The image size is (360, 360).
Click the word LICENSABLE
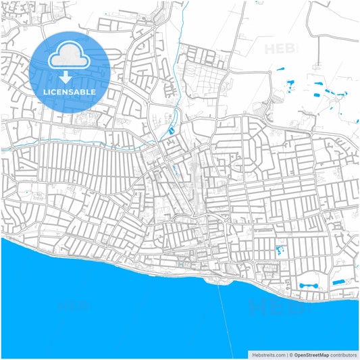point(70,91)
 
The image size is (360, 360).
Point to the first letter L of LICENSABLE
point(45,91)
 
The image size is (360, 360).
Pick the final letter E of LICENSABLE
point(93,91)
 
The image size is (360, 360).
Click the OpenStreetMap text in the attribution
point(311,354)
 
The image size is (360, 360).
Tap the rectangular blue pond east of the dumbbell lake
point(340,281)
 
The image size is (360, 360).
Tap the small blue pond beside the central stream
point(172,130)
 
